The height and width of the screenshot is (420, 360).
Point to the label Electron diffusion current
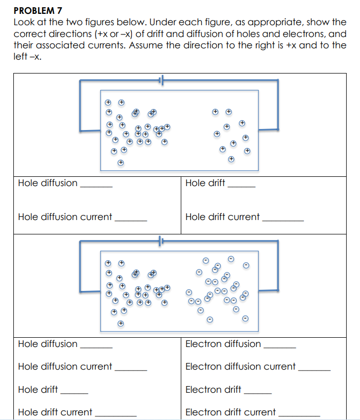click(240, 367)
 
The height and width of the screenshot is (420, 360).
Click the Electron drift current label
click(230, 412)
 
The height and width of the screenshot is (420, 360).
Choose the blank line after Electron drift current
click(298, 414)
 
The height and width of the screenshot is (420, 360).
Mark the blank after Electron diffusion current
click(314, 369)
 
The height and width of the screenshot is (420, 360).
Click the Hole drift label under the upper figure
click(205, 182)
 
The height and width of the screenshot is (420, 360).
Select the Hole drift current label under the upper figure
click(222, 217)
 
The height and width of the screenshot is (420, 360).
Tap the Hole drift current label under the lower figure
click(55, 412)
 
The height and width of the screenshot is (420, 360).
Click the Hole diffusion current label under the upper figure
click(65, 217)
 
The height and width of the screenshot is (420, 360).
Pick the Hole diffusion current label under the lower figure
click(65, 367)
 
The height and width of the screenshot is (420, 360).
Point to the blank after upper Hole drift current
click(282, 220)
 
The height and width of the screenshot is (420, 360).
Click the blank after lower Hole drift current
click(116, 414)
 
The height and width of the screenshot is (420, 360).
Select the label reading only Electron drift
click(213, 389)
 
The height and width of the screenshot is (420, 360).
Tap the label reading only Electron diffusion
click(223, 344)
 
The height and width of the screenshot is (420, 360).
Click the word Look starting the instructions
click(24, 23)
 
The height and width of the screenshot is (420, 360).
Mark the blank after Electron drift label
click(257, 392)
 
